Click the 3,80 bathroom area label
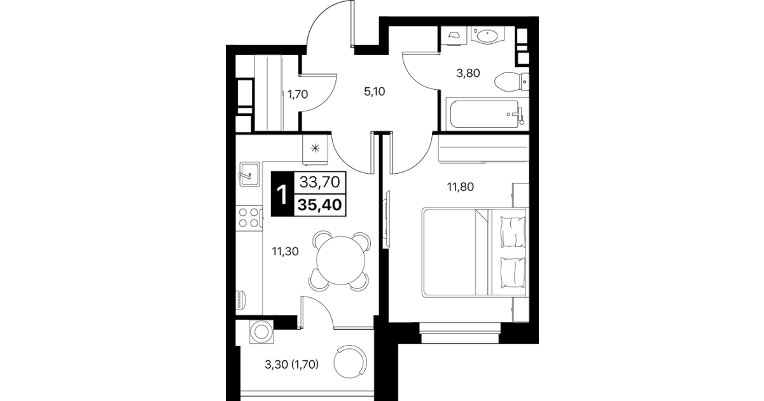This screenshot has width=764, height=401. tap(468, 73)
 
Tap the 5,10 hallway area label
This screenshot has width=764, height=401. tap(375, 92)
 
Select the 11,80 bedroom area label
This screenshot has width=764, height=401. tap(461, 187)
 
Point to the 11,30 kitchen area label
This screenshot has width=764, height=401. tap(285, 251)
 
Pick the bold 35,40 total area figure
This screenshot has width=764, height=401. tap(320, 205)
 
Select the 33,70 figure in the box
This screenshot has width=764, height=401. tap(320, 182)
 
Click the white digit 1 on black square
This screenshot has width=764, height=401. tap(282, 195)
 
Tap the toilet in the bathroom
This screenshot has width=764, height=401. tap(511, 82)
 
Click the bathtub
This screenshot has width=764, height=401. tap(487, 114)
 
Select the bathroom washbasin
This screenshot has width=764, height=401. tap(487, 35)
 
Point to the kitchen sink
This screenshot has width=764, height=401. tap(249, 174)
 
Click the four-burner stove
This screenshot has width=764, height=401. tap(249, 218)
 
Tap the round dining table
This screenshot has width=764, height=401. tap(340, 261)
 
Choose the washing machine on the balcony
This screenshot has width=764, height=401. tap(261, 332)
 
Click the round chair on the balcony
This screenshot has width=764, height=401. tap(351, 362)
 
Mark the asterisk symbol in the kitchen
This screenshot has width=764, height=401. tap(315, 148)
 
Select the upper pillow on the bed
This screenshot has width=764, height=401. tap(512, 232)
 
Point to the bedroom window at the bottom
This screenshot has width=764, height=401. tap(460, 333)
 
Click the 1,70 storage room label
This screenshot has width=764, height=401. tap(298, 94)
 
